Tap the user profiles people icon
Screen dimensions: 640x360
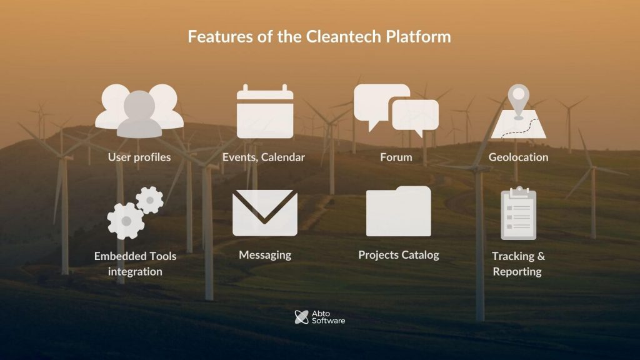139,111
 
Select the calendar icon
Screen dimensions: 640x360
265,111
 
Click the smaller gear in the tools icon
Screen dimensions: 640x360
150,200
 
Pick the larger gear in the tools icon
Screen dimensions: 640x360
126,221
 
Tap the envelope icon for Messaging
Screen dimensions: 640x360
265,212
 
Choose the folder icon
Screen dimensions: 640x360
398,211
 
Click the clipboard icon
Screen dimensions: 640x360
518,213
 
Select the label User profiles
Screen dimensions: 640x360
139,157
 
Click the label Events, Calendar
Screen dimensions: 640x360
264,157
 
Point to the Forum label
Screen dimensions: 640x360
396,157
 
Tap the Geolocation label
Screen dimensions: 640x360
518,157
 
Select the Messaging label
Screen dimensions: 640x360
265,255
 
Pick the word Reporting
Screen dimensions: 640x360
517,272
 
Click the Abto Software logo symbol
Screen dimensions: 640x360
302,317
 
